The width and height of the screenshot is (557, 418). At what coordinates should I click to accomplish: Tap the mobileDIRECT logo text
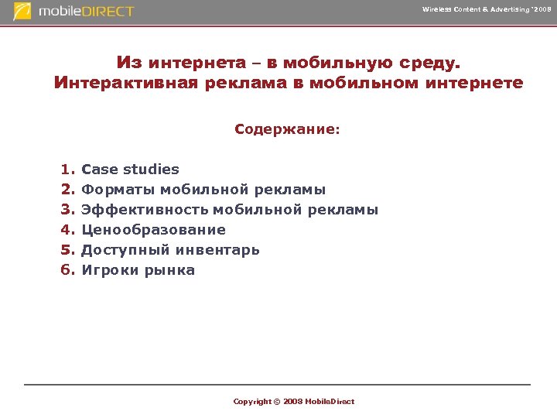tap(87, 12)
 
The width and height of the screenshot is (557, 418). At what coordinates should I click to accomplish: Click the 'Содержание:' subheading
tap(287, 129)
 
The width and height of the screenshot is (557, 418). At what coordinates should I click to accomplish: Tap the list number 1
tap(67, 170)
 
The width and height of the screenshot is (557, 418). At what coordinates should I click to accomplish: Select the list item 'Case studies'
tap(130, 170)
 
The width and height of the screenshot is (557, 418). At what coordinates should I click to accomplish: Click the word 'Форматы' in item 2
tap(118, 190)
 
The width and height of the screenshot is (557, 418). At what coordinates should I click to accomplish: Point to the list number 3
tap(67, 210)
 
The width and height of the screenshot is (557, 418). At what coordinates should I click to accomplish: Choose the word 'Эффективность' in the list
tap(145, 210)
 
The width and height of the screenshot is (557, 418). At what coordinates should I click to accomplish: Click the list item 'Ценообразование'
tap(153, 230)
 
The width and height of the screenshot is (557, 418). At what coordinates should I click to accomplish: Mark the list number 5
tap(67, 250)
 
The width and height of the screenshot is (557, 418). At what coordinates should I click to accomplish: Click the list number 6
tap(67, 270)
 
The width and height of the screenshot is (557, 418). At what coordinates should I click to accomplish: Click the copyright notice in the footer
tap(294, 401)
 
